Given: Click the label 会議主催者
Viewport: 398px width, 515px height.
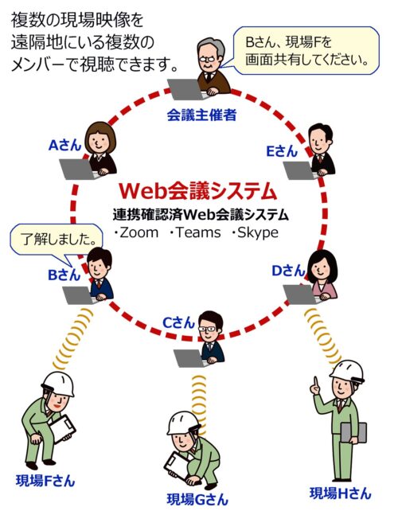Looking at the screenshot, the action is click(x=201, y=115).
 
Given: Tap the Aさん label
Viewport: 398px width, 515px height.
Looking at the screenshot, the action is click(x=64, y=145).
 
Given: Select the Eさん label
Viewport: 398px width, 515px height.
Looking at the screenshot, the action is click(x=282, y=151).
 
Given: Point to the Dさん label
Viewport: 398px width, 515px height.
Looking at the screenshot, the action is click(x=289, y=271).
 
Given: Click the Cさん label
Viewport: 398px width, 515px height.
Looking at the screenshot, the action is click(x=179, y=323).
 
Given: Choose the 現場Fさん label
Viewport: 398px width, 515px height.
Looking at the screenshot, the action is click(x=45, y=481).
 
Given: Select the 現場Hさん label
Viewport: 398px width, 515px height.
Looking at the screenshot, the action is click(x=341, y=493).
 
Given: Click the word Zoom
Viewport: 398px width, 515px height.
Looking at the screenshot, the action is click(x=139, y=232).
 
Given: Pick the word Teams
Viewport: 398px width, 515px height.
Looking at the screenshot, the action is click(x=198, y=232).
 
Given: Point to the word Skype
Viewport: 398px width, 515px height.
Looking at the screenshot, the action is click(x=258, y=233).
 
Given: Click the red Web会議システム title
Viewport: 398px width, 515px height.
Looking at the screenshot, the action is click(x=197, y=191).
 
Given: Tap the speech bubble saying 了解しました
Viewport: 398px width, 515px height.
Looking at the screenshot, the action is click(x=56, y=242).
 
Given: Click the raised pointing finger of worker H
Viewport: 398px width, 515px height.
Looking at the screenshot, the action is click(x=315, y=383).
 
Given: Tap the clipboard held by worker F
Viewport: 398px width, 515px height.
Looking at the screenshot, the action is click(x=62, y=428).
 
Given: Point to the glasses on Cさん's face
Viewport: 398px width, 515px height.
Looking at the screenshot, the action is click(x=207, y=329).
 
